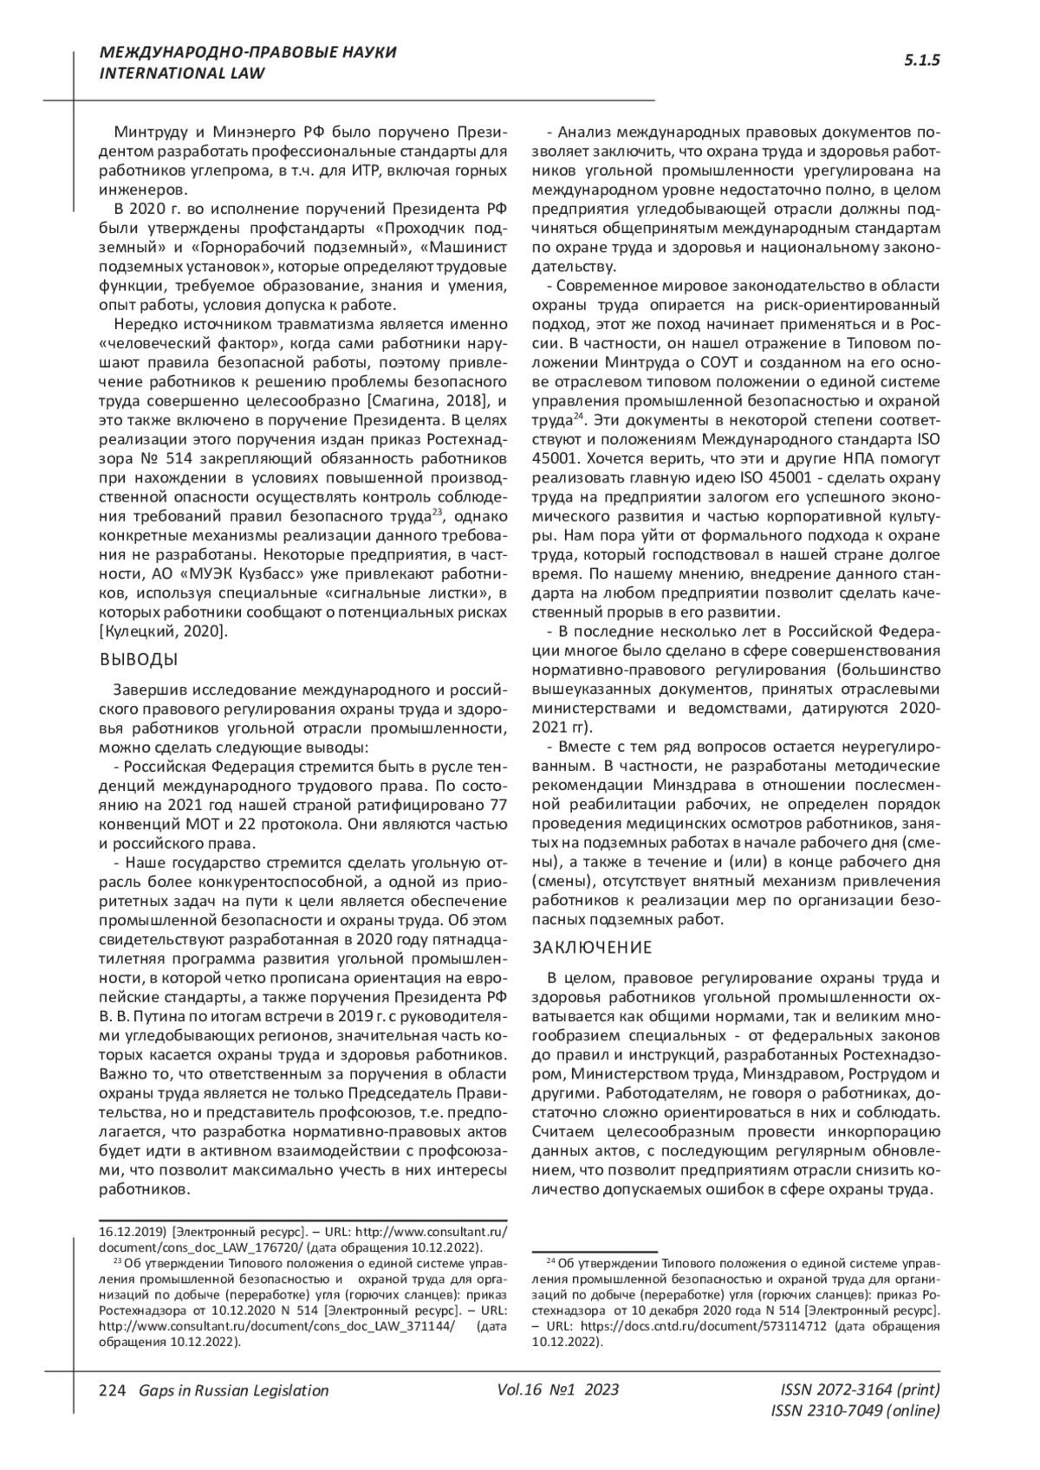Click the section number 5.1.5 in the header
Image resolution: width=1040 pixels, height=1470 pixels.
[921, 61]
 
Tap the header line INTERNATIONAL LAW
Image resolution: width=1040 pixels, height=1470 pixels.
[183, 74]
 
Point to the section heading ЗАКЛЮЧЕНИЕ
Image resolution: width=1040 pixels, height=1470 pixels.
[592, 947]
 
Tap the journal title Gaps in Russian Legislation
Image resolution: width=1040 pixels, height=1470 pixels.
[228, 1390]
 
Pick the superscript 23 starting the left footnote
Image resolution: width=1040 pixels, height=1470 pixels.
[119, 1262]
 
